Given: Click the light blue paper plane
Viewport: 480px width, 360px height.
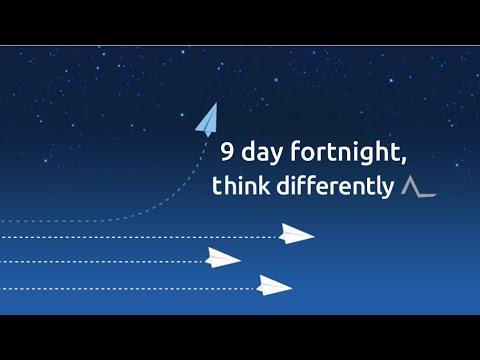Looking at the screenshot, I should point(207,120).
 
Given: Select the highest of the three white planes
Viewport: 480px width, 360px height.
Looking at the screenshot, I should point(295,235).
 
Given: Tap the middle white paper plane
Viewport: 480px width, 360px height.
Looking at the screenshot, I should point(222,259).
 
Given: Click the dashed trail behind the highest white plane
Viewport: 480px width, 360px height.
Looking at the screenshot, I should point(140,238).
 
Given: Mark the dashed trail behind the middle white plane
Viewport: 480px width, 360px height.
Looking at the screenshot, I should point(100,262).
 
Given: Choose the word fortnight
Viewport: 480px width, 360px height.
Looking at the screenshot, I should point(344,155).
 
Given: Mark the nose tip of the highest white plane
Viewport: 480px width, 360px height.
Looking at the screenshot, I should point(313,237).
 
